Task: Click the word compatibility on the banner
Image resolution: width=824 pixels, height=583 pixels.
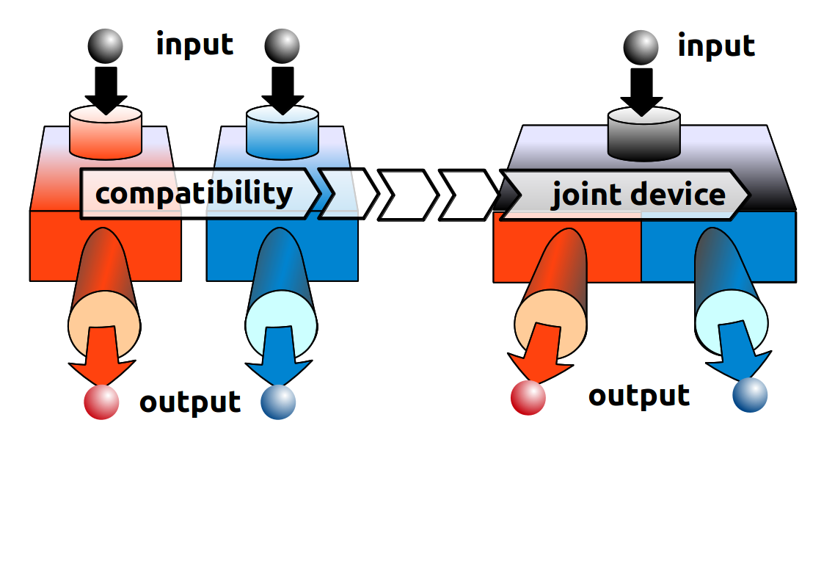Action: pyautogui.click(x=194, y=194)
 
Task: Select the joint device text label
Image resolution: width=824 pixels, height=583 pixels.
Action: pyautogui.click(x=638, y=195)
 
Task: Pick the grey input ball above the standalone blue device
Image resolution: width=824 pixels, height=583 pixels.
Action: pyautogui.click(x=282, y=46)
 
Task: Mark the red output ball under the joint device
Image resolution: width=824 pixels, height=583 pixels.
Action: pyautogui.click(x=528, y=397)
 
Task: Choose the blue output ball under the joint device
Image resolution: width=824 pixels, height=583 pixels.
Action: pyautogui.click(x=750, y=395)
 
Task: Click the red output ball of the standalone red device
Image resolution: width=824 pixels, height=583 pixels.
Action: pyautogui.click(x=101, y=402)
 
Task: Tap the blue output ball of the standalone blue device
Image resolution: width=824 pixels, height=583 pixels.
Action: pyautogui.click(x=278, y=402)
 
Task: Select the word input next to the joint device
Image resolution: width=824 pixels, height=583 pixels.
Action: pyautogui.click(x=715, y=46)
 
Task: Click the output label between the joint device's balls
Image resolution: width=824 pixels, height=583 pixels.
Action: pyautogui.click(x=638, y=396)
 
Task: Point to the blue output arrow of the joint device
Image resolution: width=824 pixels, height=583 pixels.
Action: pyautogui.click(x=740, y=352)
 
